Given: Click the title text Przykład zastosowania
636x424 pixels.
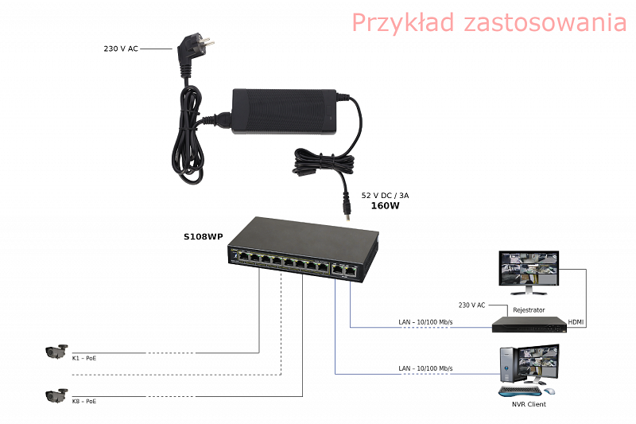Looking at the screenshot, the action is click(489, 23).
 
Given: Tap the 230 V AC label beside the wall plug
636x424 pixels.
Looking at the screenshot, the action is click(121, 49).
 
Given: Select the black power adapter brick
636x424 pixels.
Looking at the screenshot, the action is click(284, 111).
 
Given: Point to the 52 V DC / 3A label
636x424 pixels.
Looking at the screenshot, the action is click(385, 195).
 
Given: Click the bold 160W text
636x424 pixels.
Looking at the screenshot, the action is click(385, 206).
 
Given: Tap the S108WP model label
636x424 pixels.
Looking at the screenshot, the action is click(204, 236).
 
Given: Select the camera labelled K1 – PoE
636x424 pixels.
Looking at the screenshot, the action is click(56, 352).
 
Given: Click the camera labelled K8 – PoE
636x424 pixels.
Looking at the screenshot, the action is click(56, 395).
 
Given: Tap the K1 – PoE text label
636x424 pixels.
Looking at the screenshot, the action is click(84, 358).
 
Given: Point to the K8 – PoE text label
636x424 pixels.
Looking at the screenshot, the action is click(84, 401).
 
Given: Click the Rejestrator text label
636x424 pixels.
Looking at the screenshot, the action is click(529, 310).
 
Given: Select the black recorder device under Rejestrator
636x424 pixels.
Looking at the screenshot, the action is click(529, 325).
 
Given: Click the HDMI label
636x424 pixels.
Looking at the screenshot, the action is click(576, 322).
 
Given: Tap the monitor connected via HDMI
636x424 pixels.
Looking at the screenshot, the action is click(529, 272).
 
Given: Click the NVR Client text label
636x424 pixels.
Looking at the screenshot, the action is click(529, 404).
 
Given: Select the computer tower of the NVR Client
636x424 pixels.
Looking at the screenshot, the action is click(507, 365).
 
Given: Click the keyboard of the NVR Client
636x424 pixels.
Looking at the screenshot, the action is click(520, 391).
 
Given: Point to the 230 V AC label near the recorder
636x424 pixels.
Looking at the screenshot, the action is click(471, 305).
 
